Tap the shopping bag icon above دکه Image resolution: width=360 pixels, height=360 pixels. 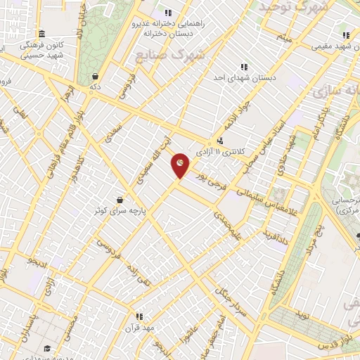click(94, 77)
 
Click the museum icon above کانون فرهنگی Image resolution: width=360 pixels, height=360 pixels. click(42, 34)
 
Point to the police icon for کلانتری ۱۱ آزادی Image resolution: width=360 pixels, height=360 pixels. click(220, 140)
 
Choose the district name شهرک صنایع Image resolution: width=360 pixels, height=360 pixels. click(181, 55)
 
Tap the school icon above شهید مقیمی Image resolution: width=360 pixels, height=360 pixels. click(345, 34)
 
